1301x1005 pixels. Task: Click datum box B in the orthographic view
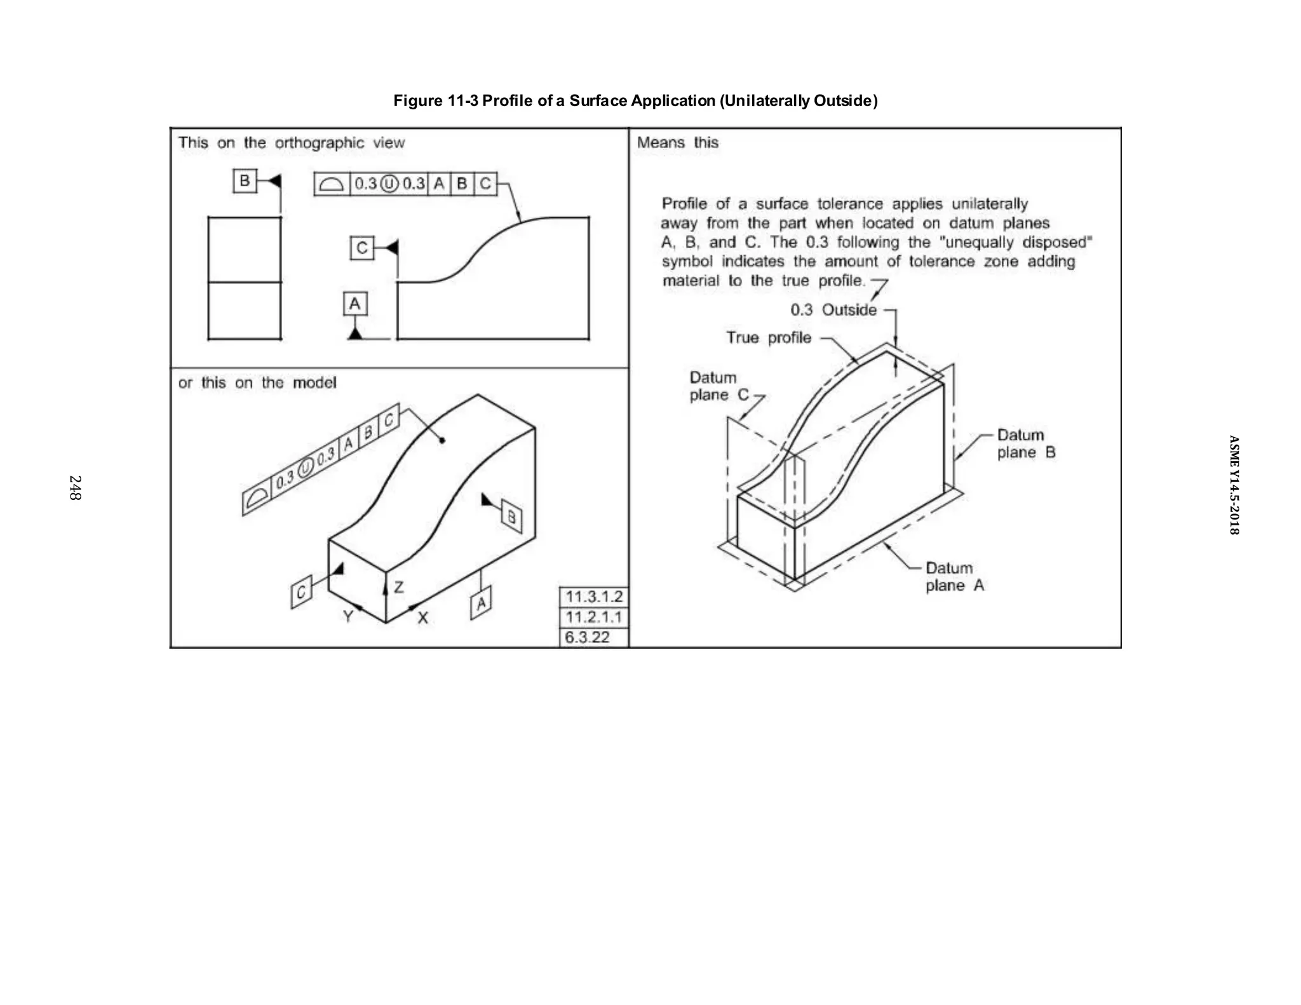click(x=245, y=181)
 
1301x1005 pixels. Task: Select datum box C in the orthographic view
click(x=362, y=248)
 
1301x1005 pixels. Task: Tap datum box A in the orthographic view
click(x=355, y=304)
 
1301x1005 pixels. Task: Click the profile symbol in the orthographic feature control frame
click(x=332, y=184)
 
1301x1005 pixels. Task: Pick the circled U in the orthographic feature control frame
click(x=389, y=184)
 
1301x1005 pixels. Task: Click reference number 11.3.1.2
click(x=594, y=597)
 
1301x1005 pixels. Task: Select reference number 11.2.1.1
click(x=594, y=617)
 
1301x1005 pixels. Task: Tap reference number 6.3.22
click(x=587, y=637)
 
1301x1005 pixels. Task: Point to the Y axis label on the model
click(x=347, y=616)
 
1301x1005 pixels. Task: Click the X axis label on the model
click(x=422, y=617)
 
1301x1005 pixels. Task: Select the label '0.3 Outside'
click(x=833, y=310)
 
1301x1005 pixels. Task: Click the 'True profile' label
click(x=769, y=338)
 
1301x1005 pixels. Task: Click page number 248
click(x=75, y=488)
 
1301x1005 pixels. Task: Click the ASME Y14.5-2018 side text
click(x=1233, y=485)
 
